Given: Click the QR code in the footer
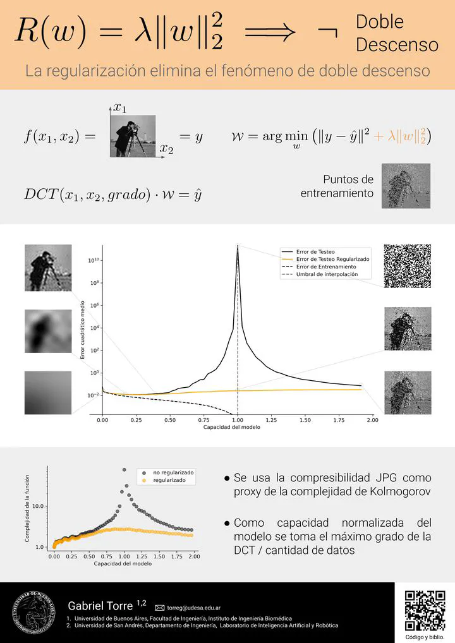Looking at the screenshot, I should point(424,611).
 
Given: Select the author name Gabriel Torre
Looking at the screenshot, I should point(100,606).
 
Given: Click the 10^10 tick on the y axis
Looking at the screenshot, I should point(91,260).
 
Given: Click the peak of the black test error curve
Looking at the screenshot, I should point(237,248).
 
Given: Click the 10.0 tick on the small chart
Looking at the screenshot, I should point(37,506).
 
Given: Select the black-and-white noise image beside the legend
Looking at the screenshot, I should point(407,265).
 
